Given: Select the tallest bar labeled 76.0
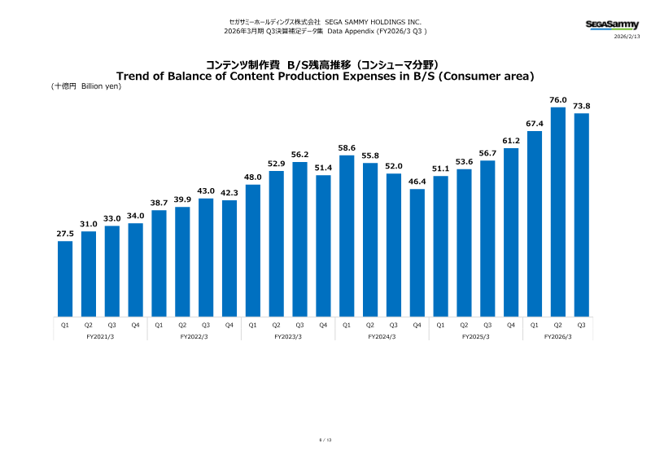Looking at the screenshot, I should (558, 212).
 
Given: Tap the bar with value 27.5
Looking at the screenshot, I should (65, 278).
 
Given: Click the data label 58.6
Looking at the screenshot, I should (347, 147).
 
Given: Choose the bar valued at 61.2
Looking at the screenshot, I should (511, 232).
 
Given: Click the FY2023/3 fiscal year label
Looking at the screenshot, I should (288, 336).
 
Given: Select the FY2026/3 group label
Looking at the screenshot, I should (557, 336).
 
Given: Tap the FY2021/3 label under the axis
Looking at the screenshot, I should (99, 336).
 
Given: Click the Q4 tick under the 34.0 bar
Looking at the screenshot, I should (135, 324).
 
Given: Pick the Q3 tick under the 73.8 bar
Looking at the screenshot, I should (581, 324).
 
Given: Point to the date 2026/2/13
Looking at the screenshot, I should (627, 37).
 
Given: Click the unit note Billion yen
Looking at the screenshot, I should (101, 86).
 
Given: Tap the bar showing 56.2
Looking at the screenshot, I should (299, 239).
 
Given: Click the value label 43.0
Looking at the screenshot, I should (206, 191).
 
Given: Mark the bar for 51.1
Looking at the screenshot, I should (440, 246).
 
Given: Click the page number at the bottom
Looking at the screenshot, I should (325, 440).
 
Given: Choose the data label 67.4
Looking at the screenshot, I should (535, 124).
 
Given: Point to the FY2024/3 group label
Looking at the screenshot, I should (382, 336).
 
